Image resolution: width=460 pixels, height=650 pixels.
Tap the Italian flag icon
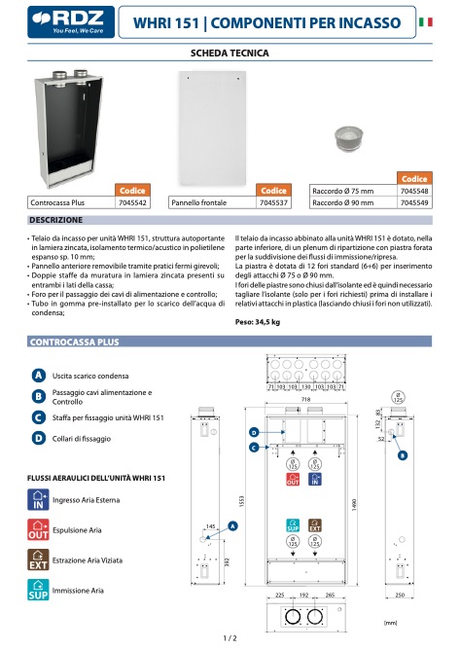[x=425, y=20]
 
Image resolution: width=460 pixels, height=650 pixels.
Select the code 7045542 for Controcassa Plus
[x=132, y=203]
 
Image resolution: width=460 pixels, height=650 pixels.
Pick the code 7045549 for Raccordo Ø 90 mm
[x=416, y=203]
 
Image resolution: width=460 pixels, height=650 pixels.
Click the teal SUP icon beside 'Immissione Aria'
[x=37, y=589]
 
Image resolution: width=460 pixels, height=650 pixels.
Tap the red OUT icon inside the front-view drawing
[x=293, y=481]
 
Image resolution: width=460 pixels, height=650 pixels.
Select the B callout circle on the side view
[x=403, y=455]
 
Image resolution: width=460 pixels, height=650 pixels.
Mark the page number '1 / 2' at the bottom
[x=230, y=637]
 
